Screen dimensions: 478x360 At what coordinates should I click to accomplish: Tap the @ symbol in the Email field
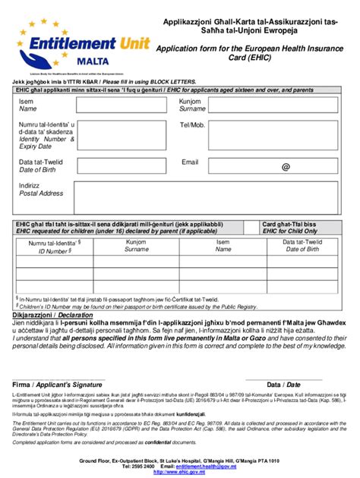(x=285, y=167)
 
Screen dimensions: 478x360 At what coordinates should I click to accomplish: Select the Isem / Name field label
(x=27, y=105)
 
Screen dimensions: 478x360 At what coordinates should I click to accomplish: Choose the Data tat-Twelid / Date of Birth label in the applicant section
(x=40, y=165)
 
